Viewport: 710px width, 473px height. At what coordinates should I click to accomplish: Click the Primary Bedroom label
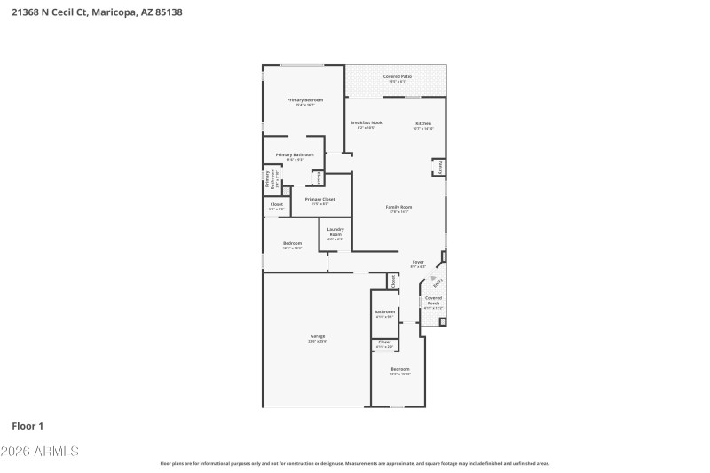point(304,100)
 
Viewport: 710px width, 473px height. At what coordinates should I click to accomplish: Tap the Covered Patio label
point(397,77)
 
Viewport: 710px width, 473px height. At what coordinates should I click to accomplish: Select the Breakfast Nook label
point(366,123)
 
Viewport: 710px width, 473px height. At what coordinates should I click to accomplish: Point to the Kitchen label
point(422,123)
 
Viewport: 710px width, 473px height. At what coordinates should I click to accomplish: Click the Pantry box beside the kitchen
point(438,167)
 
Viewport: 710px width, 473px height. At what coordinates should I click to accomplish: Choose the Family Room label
point(398,207)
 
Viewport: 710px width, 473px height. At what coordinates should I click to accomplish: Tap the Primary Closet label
point(319,200)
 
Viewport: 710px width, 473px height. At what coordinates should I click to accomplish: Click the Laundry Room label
point(335,233)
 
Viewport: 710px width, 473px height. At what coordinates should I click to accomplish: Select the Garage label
point(317,336)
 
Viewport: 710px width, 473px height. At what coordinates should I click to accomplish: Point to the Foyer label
point(417,262)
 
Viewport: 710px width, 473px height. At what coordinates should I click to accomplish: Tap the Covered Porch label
point(433,301)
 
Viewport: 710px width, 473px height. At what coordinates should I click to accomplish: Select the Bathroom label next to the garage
point(384,311)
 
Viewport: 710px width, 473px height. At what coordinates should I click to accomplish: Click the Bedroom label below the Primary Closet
point(292,243)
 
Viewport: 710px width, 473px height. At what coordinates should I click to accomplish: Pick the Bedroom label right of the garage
point(400,368)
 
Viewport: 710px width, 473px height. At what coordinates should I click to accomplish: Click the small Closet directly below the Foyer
point(391,281)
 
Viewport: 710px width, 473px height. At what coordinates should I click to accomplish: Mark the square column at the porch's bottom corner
point(442,321)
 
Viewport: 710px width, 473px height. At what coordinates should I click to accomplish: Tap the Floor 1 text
point(28,426)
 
